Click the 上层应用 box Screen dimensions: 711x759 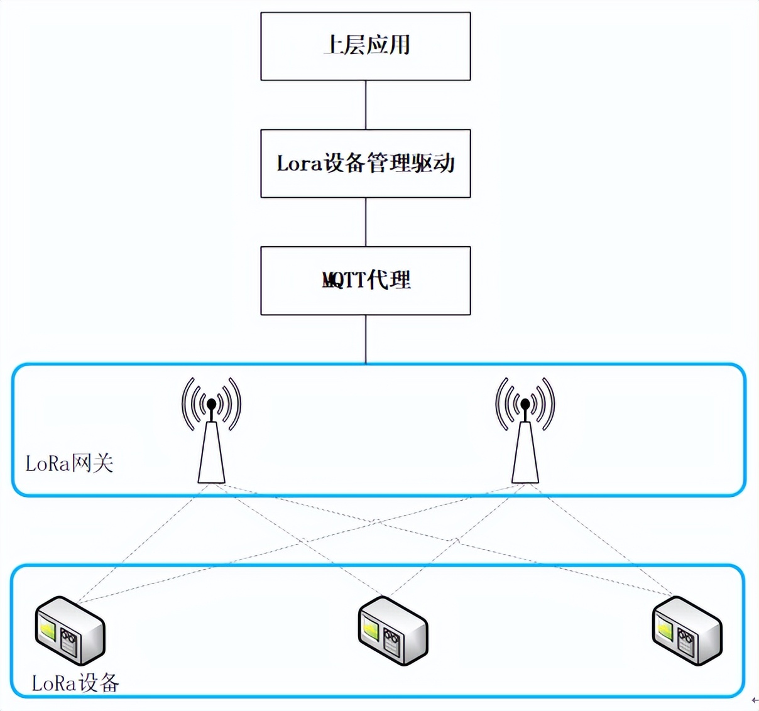pos(365,46)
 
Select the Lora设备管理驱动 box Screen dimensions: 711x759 pos(365,163)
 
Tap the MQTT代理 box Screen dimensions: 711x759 pos(365,280)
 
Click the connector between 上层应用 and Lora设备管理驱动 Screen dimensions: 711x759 pos(366,105)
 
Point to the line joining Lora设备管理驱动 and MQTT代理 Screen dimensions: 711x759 pos(366,222)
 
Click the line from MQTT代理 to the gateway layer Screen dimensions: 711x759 pos(366,339)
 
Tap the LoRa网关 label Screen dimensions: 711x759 pos(69,464)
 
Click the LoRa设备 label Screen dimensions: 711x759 pos(75,683)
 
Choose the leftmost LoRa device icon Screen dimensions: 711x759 pos(70,631)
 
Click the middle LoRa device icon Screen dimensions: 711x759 pos(393,631)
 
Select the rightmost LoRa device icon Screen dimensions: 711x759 pos(687,631)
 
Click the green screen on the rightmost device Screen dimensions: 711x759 pos(664,629)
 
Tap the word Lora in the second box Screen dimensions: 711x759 pos(299,164)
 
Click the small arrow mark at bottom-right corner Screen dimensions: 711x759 pos(755,700)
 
